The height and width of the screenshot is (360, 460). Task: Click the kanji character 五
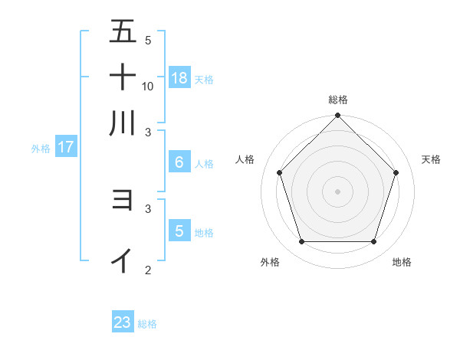(123, 31)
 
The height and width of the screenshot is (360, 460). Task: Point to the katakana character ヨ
(123, 200)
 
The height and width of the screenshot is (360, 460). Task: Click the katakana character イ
(123, 260)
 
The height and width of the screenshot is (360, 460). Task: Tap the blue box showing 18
(179, 77)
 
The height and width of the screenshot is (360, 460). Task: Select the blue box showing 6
(179, 162)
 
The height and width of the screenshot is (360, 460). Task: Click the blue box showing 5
(179, 231)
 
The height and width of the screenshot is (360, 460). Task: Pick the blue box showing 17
(65, 147)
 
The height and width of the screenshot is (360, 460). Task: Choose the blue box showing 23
(123, 322)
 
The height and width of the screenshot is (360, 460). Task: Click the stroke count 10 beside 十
(148, 86)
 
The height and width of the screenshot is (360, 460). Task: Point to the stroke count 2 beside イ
(148, 270)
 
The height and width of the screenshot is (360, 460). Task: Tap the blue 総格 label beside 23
(147, 324)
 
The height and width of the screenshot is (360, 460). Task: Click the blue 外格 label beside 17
(41, 149)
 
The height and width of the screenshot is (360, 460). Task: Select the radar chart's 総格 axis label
(338, 100)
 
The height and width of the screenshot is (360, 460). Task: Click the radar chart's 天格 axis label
(431, 159)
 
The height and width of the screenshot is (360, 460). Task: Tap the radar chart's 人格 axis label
(245, 159)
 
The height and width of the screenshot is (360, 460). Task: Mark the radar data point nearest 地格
(374, 242)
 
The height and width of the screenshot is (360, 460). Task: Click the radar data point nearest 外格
(301, 242)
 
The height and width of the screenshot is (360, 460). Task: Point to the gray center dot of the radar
(337, 191)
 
